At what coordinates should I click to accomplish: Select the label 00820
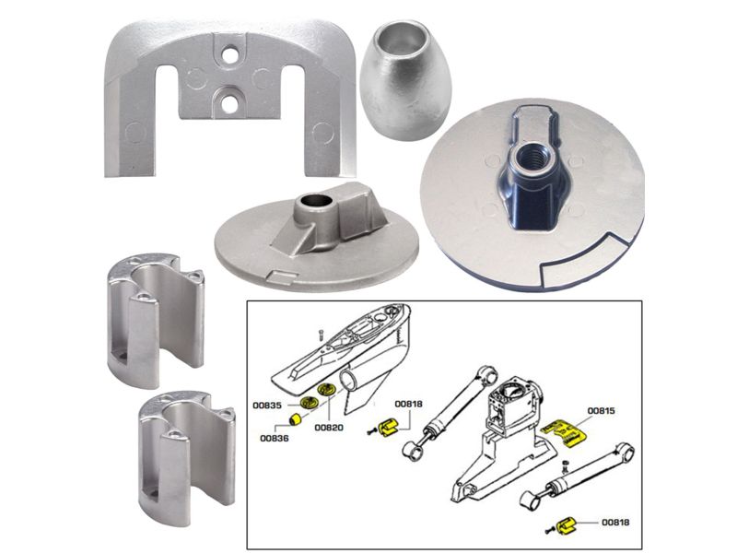point(328,428)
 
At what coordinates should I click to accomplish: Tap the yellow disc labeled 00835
point(308,403)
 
